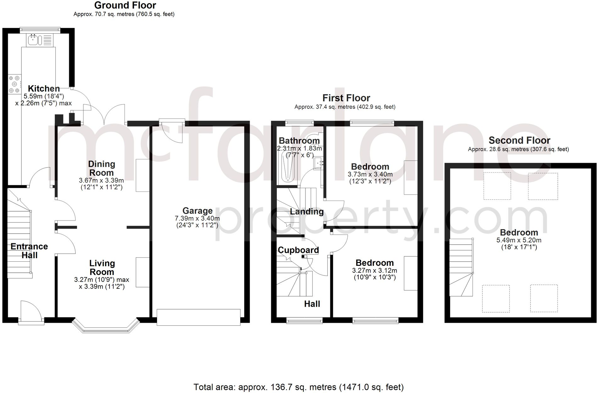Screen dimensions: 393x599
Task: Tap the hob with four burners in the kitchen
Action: coord(14,84)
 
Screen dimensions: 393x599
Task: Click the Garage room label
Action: coord(197,211)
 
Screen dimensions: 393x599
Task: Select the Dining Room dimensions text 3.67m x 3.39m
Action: coord(101,180)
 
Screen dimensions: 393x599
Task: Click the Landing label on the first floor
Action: coord(306,212)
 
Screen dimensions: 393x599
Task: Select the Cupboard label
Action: coord(298,250)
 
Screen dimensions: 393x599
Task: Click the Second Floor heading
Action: coord(519,140)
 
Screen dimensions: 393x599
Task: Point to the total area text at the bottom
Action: coord(298,387)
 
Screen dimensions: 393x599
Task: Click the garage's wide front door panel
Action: coord(199,317)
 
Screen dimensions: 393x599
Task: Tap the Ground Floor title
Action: coord(125,5)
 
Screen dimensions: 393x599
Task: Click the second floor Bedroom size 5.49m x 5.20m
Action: coord(519,240)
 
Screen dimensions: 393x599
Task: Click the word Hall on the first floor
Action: coord(312,304)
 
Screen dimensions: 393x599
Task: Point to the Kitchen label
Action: coord(44,88)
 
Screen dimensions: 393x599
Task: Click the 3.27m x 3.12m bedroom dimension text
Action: coord(374,271)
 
